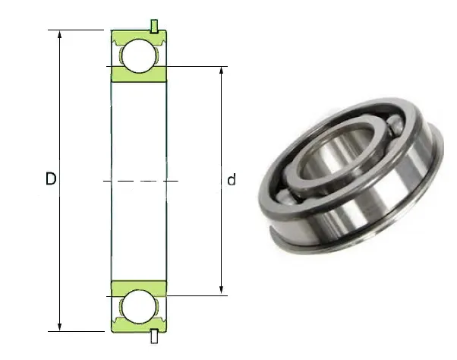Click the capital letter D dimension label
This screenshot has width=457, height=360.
pos(51,178)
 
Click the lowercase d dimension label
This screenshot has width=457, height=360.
pos(232,180)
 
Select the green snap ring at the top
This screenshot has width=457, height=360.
pos(154,27)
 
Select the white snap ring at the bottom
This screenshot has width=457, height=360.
pos(154,336)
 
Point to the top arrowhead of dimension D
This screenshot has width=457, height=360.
pos(59,35)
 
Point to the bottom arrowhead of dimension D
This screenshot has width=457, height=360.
pos(59,327)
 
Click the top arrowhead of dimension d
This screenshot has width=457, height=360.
pos(222,71)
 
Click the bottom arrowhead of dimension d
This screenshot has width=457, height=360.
pos(222,291)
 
